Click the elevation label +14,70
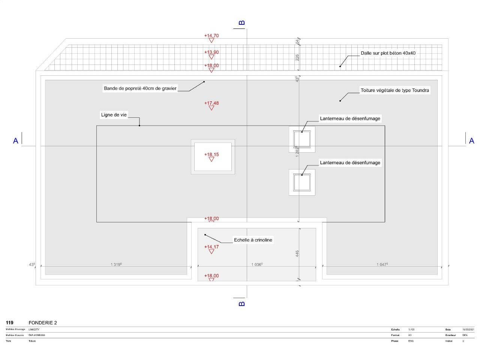211,36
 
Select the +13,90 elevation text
211,52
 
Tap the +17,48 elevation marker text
211,103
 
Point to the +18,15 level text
211,154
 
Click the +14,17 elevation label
211,247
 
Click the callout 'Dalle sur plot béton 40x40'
388,53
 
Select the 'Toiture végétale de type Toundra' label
395,90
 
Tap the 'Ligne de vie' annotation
114,115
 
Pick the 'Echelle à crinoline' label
253,240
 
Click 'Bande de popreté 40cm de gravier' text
140,88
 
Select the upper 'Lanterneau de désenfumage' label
350,118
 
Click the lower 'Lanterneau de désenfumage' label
350,163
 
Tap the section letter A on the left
16,141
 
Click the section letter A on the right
471,141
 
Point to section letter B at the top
242,23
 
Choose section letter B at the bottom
242,303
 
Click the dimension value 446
297,254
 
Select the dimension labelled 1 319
116,264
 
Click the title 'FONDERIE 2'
43,323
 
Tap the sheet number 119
10,323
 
